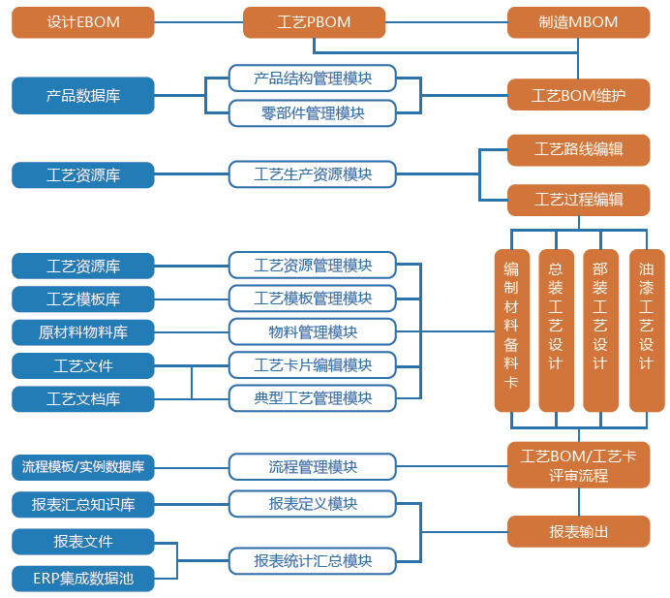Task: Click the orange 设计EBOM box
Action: (x=83, y=22)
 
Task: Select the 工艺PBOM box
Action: (x=314, y=22)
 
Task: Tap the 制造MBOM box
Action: (x=579, y=22)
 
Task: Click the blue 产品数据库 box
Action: (x=83, y=95)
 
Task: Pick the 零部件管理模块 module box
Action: (x=313, y=113)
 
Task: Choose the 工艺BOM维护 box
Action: (x=579, y=95)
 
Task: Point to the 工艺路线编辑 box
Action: (x=579, y=149)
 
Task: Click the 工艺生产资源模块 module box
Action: (x=313, y=174)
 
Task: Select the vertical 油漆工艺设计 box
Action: (x=647, y=330)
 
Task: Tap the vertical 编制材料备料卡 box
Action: (x=511, y=330)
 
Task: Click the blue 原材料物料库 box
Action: (x=83, y=332)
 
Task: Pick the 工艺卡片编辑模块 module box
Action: (x=313, y=365)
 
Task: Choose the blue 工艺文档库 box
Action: (x=83, y=399)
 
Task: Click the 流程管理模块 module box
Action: (x=313, y=467)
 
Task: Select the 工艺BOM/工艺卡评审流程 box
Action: (x=579, y=465)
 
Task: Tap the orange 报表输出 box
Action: (x=579, y=532)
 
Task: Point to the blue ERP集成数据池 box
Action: (x=83, y=579)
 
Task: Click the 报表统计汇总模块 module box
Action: (x=313, y=561)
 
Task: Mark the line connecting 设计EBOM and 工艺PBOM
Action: (x=198, y=22)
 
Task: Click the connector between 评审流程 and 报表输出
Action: (x=579, y=502)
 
